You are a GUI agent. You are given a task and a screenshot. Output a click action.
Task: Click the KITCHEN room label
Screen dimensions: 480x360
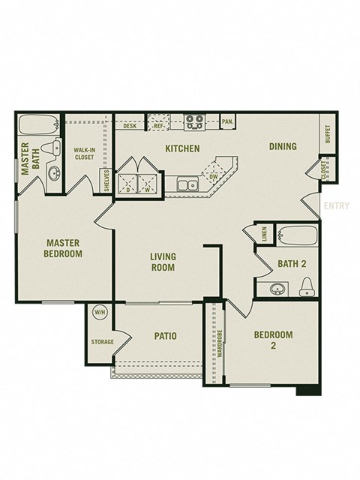click(182, 148)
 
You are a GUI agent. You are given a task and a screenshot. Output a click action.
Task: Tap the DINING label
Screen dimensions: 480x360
click(283, 146)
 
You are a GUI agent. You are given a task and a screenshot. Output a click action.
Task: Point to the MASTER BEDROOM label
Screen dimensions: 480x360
click(63, 248)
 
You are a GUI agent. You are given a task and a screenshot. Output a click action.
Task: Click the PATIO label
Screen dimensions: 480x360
click(165, 336)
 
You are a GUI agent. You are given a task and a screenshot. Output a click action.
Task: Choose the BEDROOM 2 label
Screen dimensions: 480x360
click(272, 340)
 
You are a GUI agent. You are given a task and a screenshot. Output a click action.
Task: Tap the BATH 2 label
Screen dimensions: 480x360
click(292, 263)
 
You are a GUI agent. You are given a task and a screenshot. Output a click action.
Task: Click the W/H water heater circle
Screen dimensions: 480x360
click(99, 311)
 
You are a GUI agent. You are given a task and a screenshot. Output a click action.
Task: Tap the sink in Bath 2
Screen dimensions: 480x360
click(276, 288)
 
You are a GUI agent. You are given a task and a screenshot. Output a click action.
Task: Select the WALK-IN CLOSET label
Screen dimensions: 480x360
click(83, 154)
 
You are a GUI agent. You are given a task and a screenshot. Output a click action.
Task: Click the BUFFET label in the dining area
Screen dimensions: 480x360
click(328, 133)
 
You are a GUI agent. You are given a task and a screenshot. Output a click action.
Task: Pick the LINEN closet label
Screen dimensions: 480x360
click(264, 234)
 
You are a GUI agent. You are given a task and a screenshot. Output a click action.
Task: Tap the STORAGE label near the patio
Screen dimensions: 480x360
click(102, 342)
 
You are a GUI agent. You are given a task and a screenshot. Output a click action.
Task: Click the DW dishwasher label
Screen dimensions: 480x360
click(214, 177)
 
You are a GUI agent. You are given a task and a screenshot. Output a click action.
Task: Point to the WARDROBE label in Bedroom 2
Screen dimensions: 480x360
click(220, 344)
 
